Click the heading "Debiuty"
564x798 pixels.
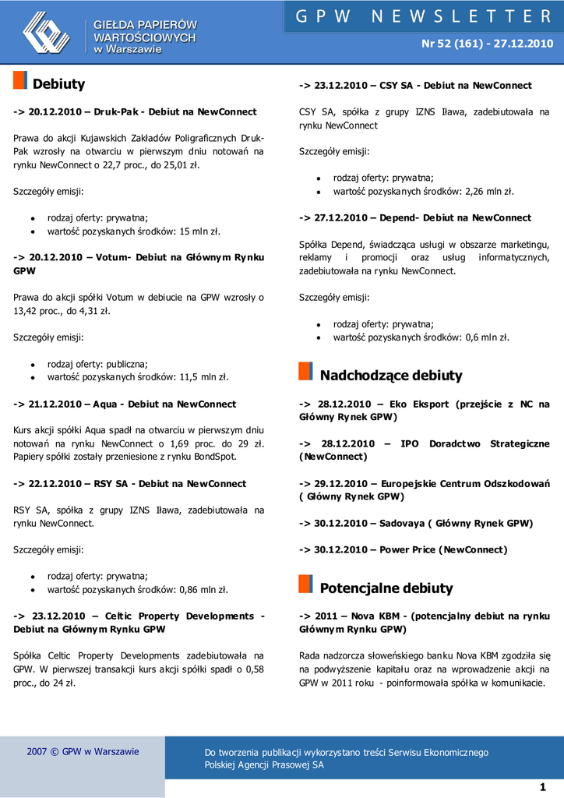(x=58, y=84)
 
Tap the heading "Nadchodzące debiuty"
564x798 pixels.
(x=391, y=376)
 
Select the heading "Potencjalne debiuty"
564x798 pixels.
(x=386, y=588)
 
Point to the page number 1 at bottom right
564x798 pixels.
(x=542, y=786)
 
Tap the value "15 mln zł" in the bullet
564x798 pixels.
(x=200, y=231)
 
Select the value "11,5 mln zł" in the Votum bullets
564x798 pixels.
(x=204, y=377)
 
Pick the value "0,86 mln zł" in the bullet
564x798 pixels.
(x=203, y=590)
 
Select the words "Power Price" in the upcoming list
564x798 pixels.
(x=407, y=550)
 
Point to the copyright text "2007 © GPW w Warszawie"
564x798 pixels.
(x=83, y=752)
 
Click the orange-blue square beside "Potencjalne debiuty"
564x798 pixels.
(x=306, y=584)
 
